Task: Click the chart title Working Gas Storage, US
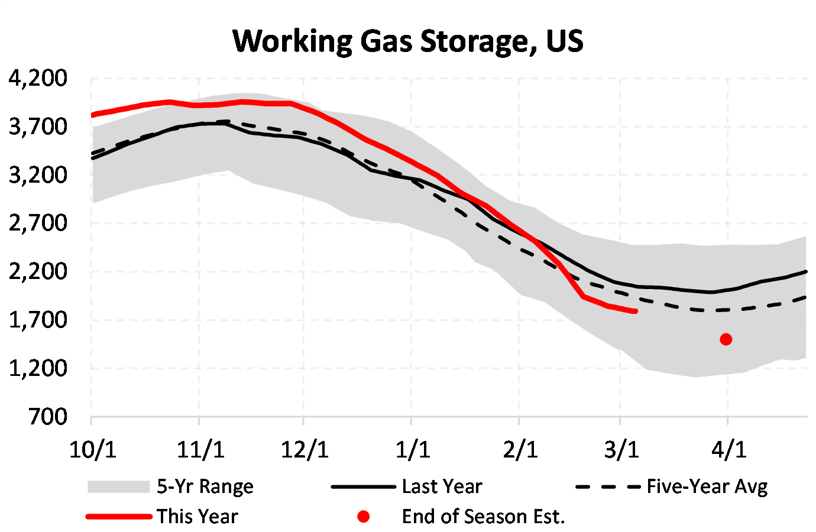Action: (408, 41)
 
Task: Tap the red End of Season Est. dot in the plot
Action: (726, 339)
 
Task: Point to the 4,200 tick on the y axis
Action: (38, 78)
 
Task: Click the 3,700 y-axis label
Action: (38, 126)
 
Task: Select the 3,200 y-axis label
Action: (38, 175)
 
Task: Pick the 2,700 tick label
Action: (38, 223)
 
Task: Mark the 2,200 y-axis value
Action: (38, 272)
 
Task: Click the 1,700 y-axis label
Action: (38, 320)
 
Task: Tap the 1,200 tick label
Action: (38, 369)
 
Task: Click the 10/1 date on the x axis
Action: (92, 450)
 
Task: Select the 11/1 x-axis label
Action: (200, 450)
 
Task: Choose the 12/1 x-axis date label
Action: (304, 450)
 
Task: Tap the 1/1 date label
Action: (412, 450)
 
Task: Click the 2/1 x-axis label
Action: (520, 450)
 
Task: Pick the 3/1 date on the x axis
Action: (621, 450)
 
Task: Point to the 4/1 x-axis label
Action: (728, 450)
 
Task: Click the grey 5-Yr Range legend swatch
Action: (118, 486)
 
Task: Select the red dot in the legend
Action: (364, 517)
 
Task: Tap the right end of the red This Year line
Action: (635, 311)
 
